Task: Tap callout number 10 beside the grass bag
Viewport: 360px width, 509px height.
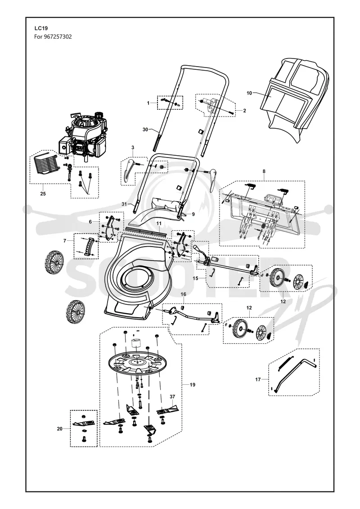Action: click(249, 93)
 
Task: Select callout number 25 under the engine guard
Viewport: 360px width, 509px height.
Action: click(43, 194)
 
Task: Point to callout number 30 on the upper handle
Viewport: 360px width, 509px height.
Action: click(145, 130)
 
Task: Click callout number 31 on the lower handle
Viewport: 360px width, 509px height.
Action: click(124, 204)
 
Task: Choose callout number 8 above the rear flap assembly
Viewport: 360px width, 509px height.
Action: click(264, 171)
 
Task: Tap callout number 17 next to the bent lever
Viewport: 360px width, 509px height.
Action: click(258, 379)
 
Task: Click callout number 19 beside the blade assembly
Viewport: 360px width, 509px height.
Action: click(193, 385)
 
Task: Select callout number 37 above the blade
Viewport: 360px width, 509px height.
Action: click(172, 396)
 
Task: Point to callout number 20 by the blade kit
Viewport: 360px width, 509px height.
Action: click(60, 429)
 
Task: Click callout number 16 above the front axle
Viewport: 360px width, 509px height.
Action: click(184, 294)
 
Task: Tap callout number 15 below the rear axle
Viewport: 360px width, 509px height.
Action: click(195, 278)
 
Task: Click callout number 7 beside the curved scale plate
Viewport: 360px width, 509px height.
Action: click(65, 240)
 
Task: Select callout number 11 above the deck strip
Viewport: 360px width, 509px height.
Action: click(159, 224)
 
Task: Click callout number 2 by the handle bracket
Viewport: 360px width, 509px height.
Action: click(244, 111)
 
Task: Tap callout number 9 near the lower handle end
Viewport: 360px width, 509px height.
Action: click(193, 214)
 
